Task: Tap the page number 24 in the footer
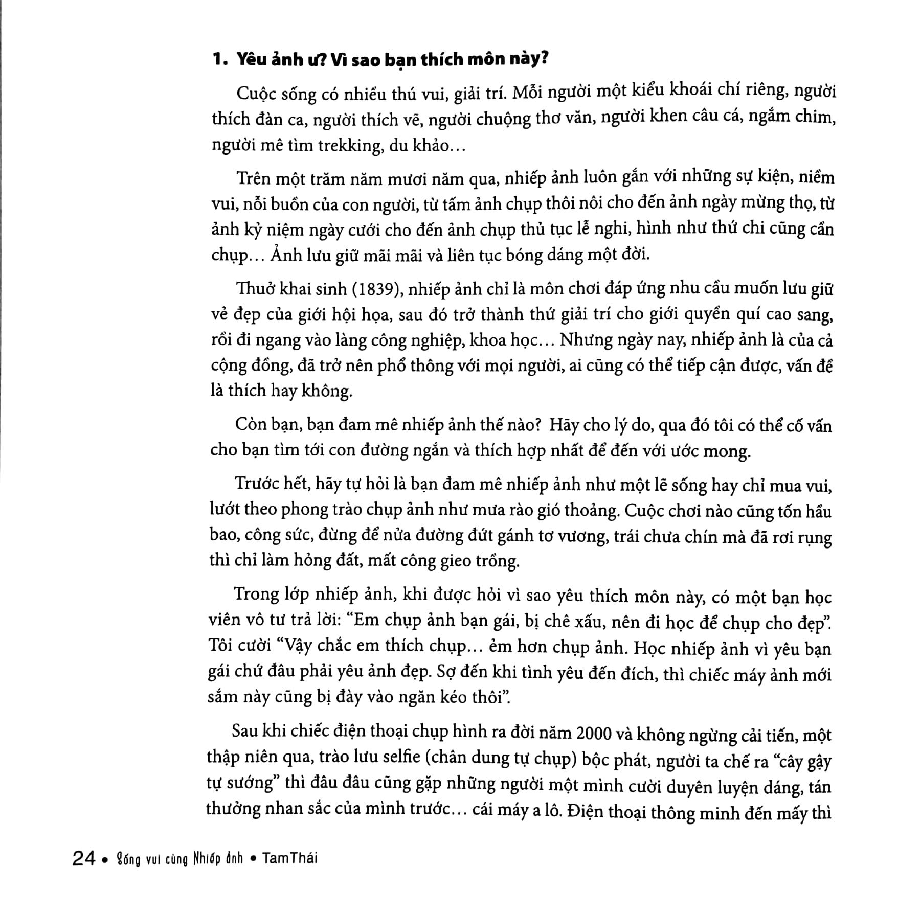(84, 859)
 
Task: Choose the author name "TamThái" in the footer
(289, 858)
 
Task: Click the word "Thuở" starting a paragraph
(257, 289)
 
